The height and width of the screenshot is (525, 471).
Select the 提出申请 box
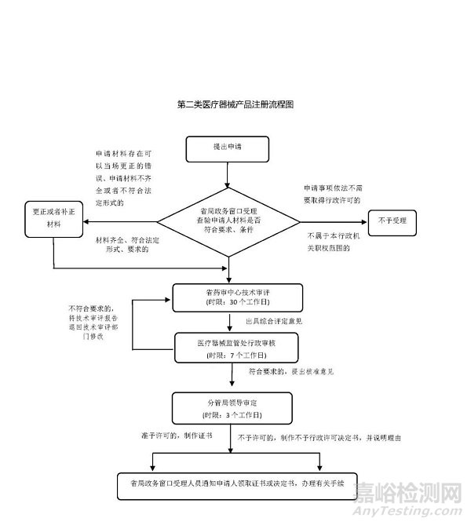(227, 147)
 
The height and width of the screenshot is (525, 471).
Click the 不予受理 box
(392, 221)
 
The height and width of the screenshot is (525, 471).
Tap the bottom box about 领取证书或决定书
(232, 483)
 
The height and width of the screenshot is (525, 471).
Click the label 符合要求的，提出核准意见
(291, 372)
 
